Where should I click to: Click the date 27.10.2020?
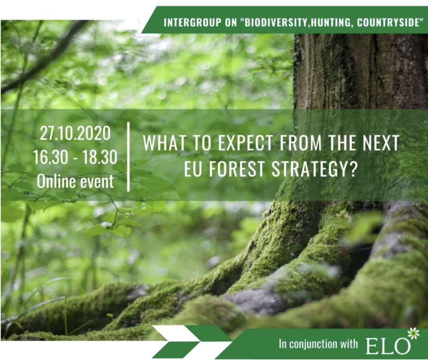click(75, 133)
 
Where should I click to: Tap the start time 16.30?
click(51, 157)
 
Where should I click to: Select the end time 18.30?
click(99, 157)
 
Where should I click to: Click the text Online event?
click(75, 181)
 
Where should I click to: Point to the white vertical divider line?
click(128, 157)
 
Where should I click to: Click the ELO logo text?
click(388, 346)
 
